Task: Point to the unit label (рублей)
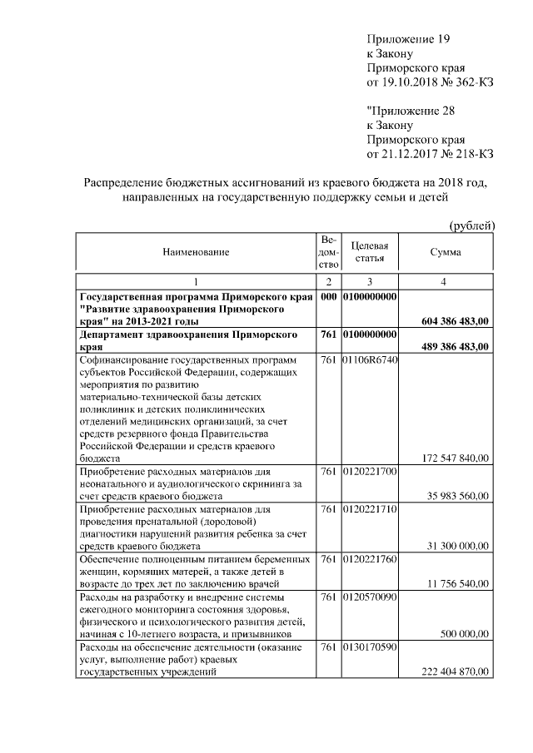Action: pos(472,225)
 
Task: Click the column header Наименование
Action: pos(196,251)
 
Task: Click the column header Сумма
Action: pos(446,251)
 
